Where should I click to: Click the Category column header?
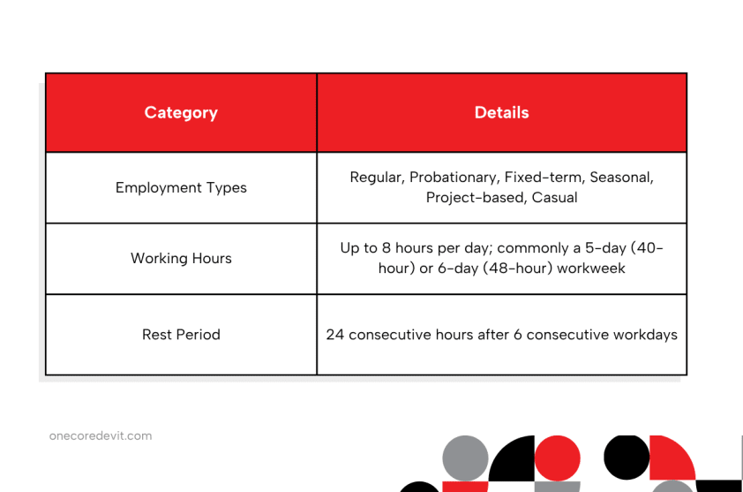pyautogui.click(x=181, y=113)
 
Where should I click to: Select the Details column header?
pyautogui.click(x=501, y=112)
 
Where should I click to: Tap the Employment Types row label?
pyautogui.click(x=181, y=188)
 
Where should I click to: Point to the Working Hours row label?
pyautogui.click(x=181, y=258)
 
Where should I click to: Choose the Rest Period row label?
pyautogui.click(x=181, y=335)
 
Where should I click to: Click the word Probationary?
pyautogui.click(x=454, y=178)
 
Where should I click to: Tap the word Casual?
pyautogui.click(x=554, y=197)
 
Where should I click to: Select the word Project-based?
pyautogui.click(x=477, y=198)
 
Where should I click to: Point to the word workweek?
pyautogui.click(x=591, y=269)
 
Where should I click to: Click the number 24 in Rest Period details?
pyautogui.click(x=334, y=335)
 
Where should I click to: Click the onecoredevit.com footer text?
pyautogui.click(x=101, y=436)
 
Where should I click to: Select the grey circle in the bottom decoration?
pyautogui.click(x=465, y=458)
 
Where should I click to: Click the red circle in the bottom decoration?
pyautogui.click(x=558, y=458)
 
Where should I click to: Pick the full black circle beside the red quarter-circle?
pyautogui.click(x=627, y=458)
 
